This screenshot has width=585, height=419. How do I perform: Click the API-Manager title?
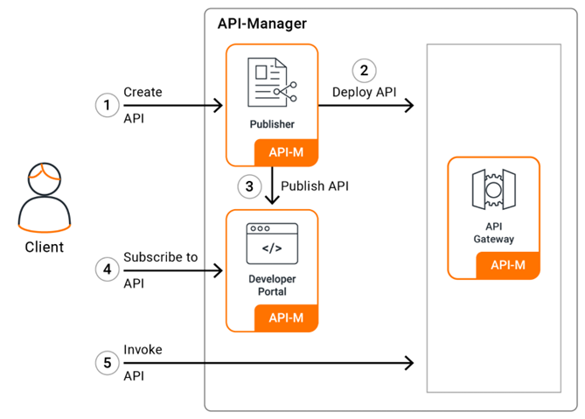click(x=262, y=24)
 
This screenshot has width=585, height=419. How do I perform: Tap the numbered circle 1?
click(x=107, y=105)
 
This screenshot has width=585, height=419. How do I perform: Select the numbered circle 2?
click(x=364, y=70)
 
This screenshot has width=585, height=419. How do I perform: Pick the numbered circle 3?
click(x=249, y=185)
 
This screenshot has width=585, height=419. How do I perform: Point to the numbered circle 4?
click(x=107, y=269)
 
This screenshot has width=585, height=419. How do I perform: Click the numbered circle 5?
click(x=107, y=360)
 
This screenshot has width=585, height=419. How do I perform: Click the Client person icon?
click(x=44, y=194)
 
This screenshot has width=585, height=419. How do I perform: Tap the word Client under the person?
click(x=44, y=247)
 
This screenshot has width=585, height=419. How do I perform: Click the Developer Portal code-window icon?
click(x=272, y=244)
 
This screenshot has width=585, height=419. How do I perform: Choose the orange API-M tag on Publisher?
click(x=286, y=152)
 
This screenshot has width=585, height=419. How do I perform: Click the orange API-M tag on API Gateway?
click(x=508, y=265)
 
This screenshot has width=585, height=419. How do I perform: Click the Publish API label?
click(x=315, y=185)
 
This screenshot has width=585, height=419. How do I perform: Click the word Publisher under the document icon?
click(x=272, y=124)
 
